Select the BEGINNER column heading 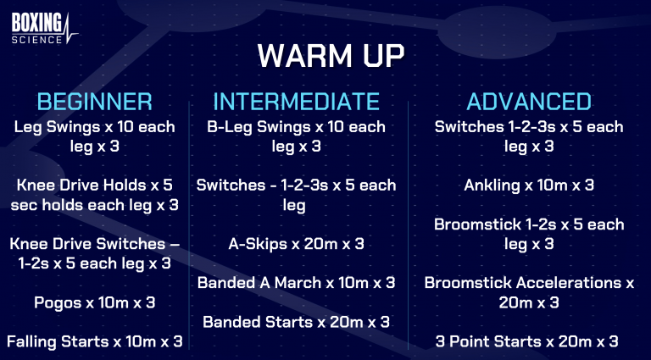pyautogui.click(x=94, y=102)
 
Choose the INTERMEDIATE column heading pyautogui.click(x=296, y=102)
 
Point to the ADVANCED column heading pyautogui.click(x=529, y=102)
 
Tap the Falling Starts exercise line pyautogui.click(x=94, y=342)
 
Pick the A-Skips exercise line pyautogui.click(x=297, y=243)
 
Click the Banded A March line pyautogui.click(x=296, y=283)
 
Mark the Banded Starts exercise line pyautogui.click(x=296, y=322)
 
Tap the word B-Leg pyautogui.click(x=230, y=127)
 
